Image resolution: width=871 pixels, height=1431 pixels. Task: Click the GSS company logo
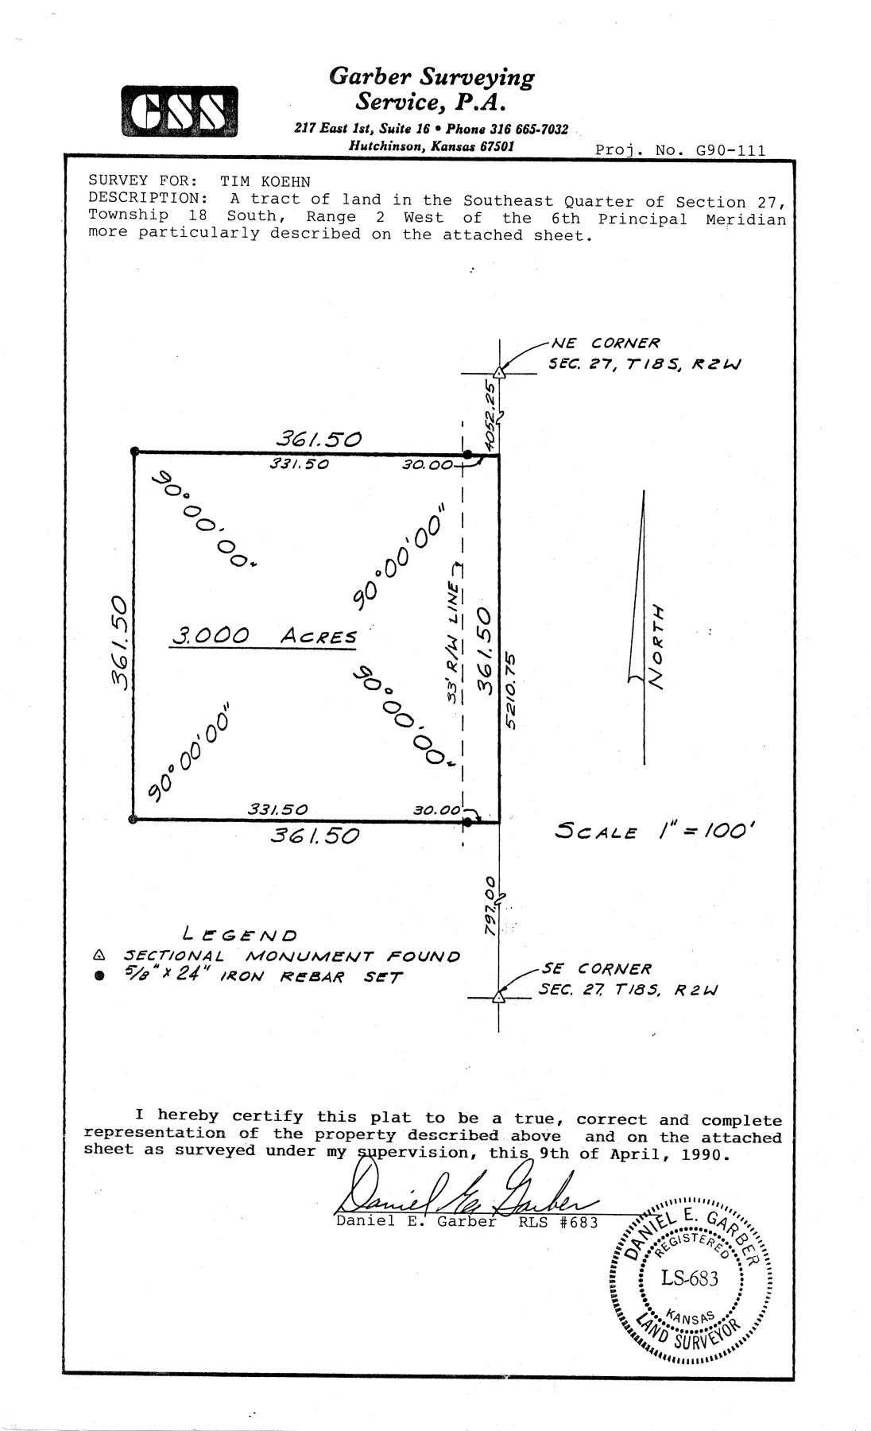180,111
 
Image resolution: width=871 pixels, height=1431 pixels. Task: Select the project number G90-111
731,150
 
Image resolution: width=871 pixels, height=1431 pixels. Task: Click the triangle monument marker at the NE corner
499,372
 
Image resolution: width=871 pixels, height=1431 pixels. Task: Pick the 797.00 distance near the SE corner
492,906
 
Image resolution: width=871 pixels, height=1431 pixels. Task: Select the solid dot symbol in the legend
99,977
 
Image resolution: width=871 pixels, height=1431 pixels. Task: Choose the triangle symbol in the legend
99,955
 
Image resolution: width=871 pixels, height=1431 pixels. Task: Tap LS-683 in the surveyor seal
689,1278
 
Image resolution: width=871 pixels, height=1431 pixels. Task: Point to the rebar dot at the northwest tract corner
133,453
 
